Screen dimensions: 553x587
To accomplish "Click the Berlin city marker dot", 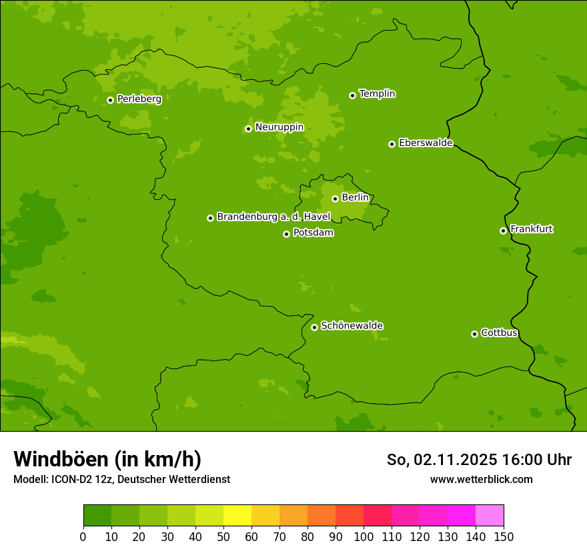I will click(335, 199).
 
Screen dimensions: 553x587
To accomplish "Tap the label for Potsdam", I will click(313, 233).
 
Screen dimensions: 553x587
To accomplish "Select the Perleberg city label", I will click(139, 99).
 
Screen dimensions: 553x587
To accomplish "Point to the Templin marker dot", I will click(352, 95).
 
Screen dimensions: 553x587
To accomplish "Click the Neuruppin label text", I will click(279, 127).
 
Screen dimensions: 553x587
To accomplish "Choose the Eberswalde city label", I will click(426, 143).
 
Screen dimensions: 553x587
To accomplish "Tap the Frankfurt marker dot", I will click(503, 231).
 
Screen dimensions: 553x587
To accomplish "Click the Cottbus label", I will click(499, 332).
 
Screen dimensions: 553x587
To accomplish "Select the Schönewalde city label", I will click(352, 326).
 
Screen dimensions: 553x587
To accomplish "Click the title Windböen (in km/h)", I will click(107, 459).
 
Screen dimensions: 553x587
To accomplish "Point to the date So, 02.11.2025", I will click(442, 460).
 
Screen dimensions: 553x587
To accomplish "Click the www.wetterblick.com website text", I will click(481, 479).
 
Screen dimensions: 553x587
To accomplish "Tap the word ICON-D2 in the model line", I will click(71, 479).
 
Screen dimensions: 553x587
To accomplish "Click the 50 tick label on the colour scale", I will click(223, 536).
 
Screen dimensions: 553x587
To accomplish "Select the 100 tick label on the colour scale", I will click(364, 536).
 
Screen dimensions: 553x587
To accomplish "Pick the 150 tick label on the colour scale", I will click(504, 536).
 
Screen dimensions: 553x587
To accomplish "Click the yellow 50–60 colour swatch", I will click(237, 516).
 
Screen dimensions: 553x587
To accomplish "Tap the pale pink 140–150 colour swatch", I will click(490, 516).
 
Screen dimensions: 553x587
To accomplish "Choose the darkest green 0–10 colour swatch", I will click(97, 516).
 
